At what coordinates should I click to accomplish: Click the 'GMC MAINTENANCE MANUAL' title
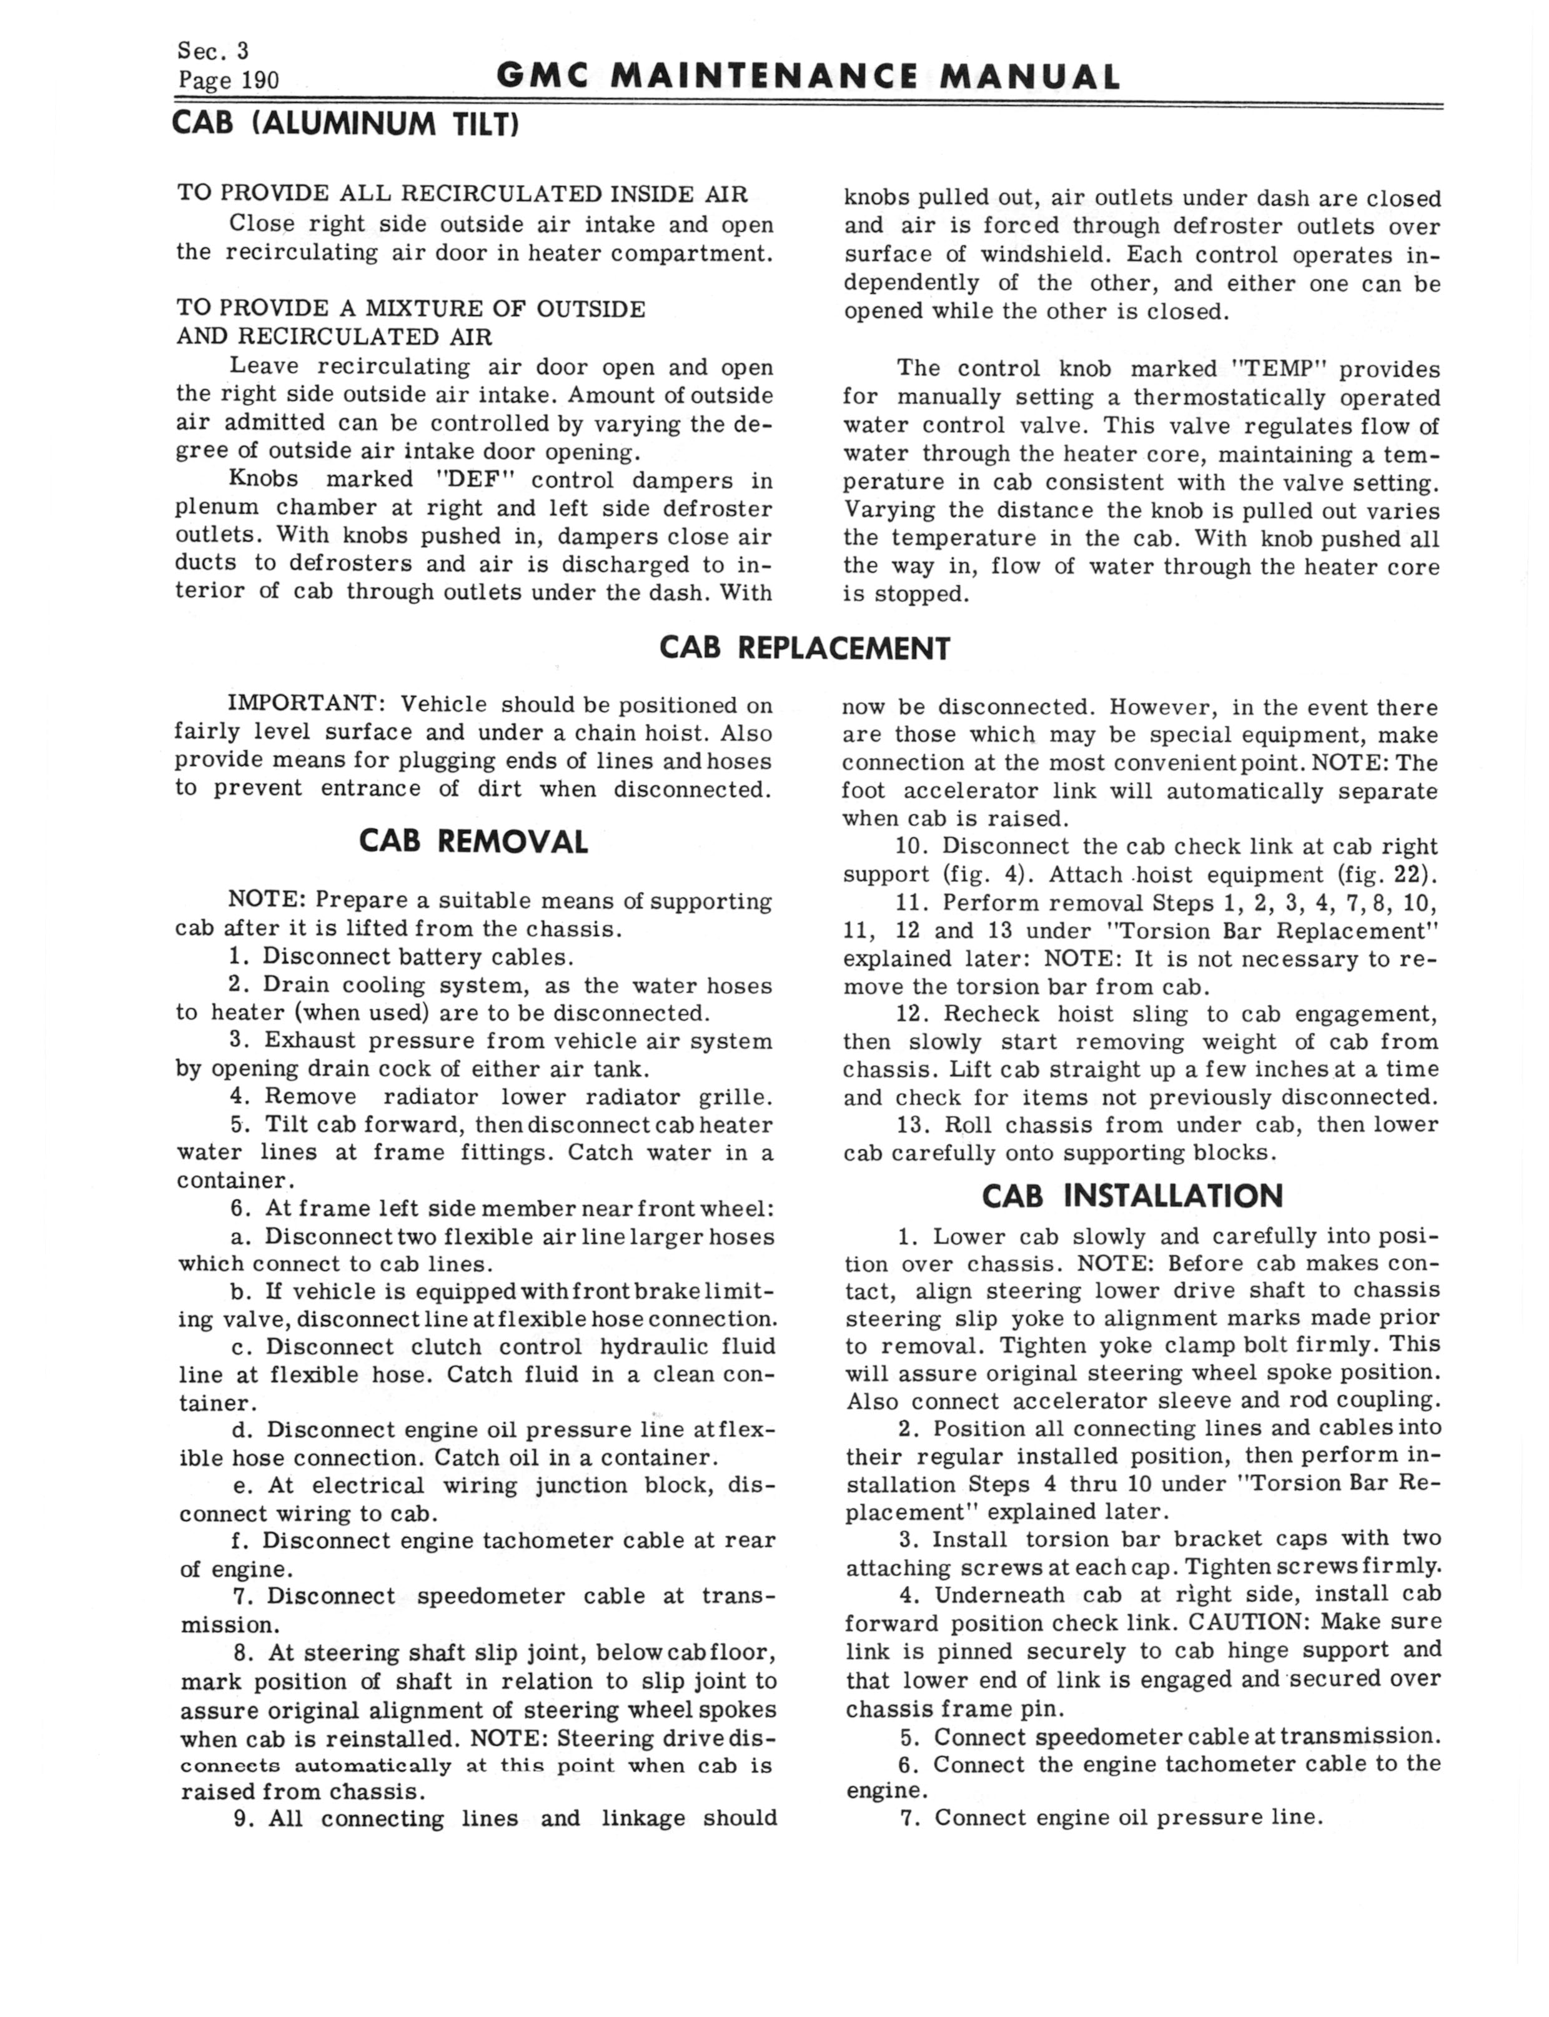pos(808,76)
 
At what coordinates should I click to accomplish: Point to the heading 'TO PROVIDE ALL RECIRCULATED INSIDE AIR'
pos(462,194)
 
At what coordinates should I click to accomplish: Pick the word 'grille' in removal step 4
pos(734,1097)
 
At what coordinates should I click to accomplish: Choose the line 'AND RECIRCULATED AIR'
pos(335,337)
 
